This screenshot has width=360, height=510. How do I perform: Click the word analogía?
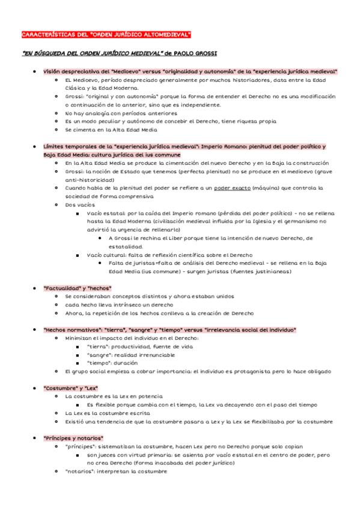point(102,112)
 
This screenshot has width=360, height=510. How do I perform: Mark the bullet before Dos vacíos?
point(56,204)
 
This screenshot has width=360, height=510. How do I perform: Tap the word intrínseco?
point(130,304)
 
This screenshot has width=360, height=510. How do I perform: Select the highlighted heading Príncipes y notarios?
point(73,438)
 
